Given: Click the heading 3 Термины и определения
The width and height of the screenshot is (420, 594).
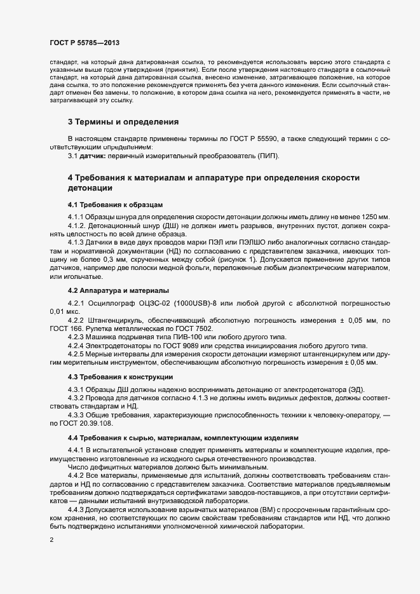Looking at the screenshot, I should tap(123, 121).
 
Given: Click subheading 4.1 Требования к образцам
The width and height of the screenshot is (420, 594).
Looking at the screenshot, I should tap(116, 205).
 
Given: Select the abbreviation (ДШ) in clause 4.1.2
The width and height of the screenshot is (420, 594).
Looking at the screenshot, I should tap(151, 226).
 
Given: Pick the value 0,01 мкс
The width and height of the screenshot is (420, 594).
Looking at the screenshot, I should tap(65, 312).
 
